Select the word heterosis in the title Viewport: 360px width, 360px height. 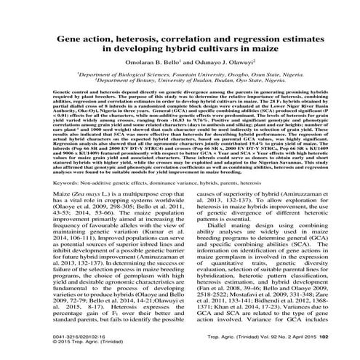click(x=150, y=36)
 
